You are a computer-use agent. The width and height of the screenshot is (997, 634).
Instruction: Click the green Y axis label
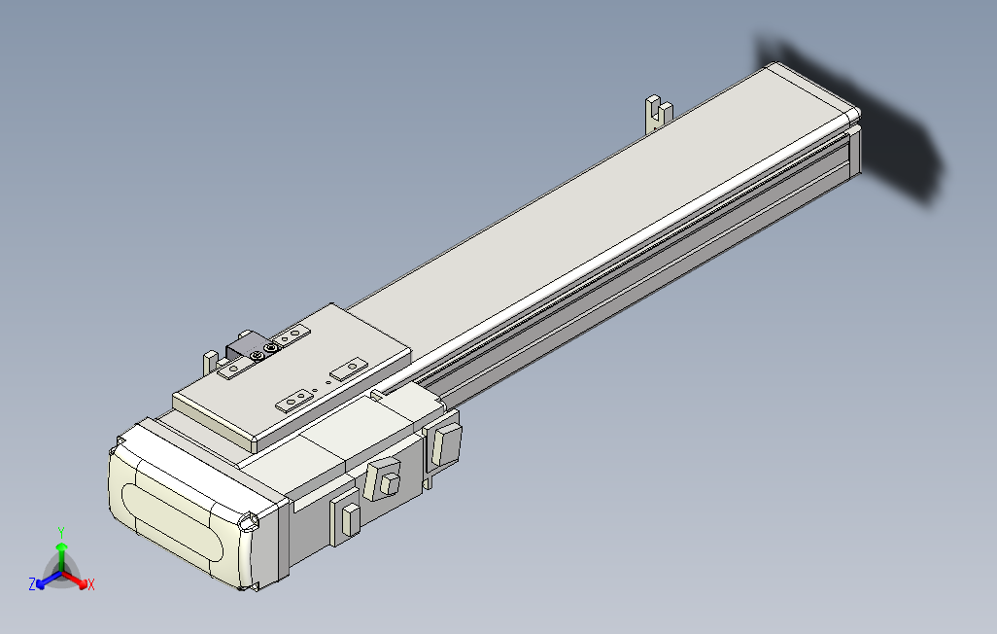pos(60,532)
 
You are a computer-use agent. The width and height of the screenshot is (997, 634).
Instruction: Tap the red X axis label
pos(91,584)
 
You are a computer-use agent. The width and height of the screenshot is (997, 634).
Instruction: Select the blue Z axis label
pos(32,583)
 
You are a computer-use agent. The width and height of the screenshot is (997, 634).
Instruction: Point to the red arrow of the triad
pos(79,580)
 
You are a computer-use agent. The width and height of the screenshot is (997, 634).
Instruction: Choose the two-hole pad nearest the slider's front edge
pos(295,400)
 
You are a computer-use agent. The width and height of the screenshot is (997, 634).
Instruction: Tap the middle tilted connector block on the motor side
pos(385,479)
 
